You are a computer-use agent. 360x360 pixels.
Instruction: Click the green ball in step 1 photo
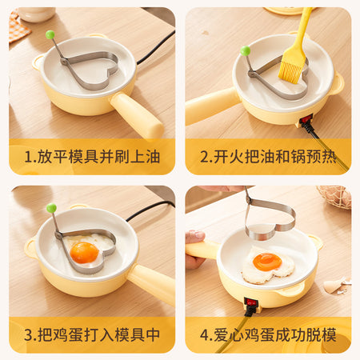[50, 34]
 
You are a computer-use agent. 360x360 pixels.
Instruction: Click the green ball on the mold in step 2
[245, 50]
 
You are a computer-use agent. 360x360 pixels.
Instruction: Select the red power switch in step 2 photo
[306, 119]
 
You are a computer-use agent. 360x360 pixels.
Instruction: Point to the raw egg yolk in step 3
[84, 253]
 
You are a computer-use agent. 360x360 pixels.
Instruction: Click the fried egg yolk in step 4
[267, 262]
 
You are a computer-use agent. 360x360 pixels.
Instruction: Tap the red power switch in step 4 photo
[251, 302]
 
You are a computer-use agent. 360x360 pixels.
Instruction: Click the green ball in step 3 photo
[51, 208]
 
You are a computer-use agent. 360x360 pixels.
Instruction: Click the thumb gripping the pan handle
[195, 237]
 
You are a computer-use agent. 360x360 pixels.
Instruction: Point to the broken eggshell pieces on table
[337, 286]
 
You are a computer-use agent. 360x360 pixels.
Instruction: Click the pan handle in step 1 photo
[137, 115]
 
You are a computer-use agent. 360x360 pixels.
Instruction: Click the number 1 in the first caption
[28, 157]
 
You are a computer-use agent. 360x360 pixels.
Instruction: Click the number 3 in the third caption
[28, 335]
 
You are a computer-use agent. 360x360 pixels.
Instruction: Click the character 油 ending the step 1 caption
[153, 157]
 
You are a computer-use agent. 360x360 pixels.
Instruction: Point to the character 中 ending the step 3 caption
[153, 334]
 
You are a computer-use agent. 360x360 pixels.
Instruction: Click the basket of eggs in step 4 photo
[335, 197]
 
